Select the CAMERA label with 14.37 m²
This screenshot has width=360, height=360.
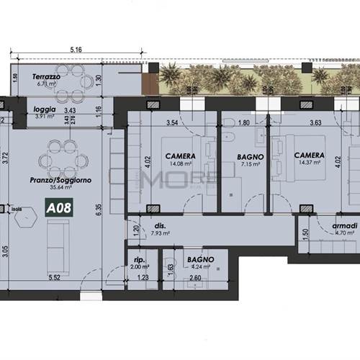pos(308,156)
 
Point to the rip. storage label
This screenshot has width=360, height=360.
pos(140,257)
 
